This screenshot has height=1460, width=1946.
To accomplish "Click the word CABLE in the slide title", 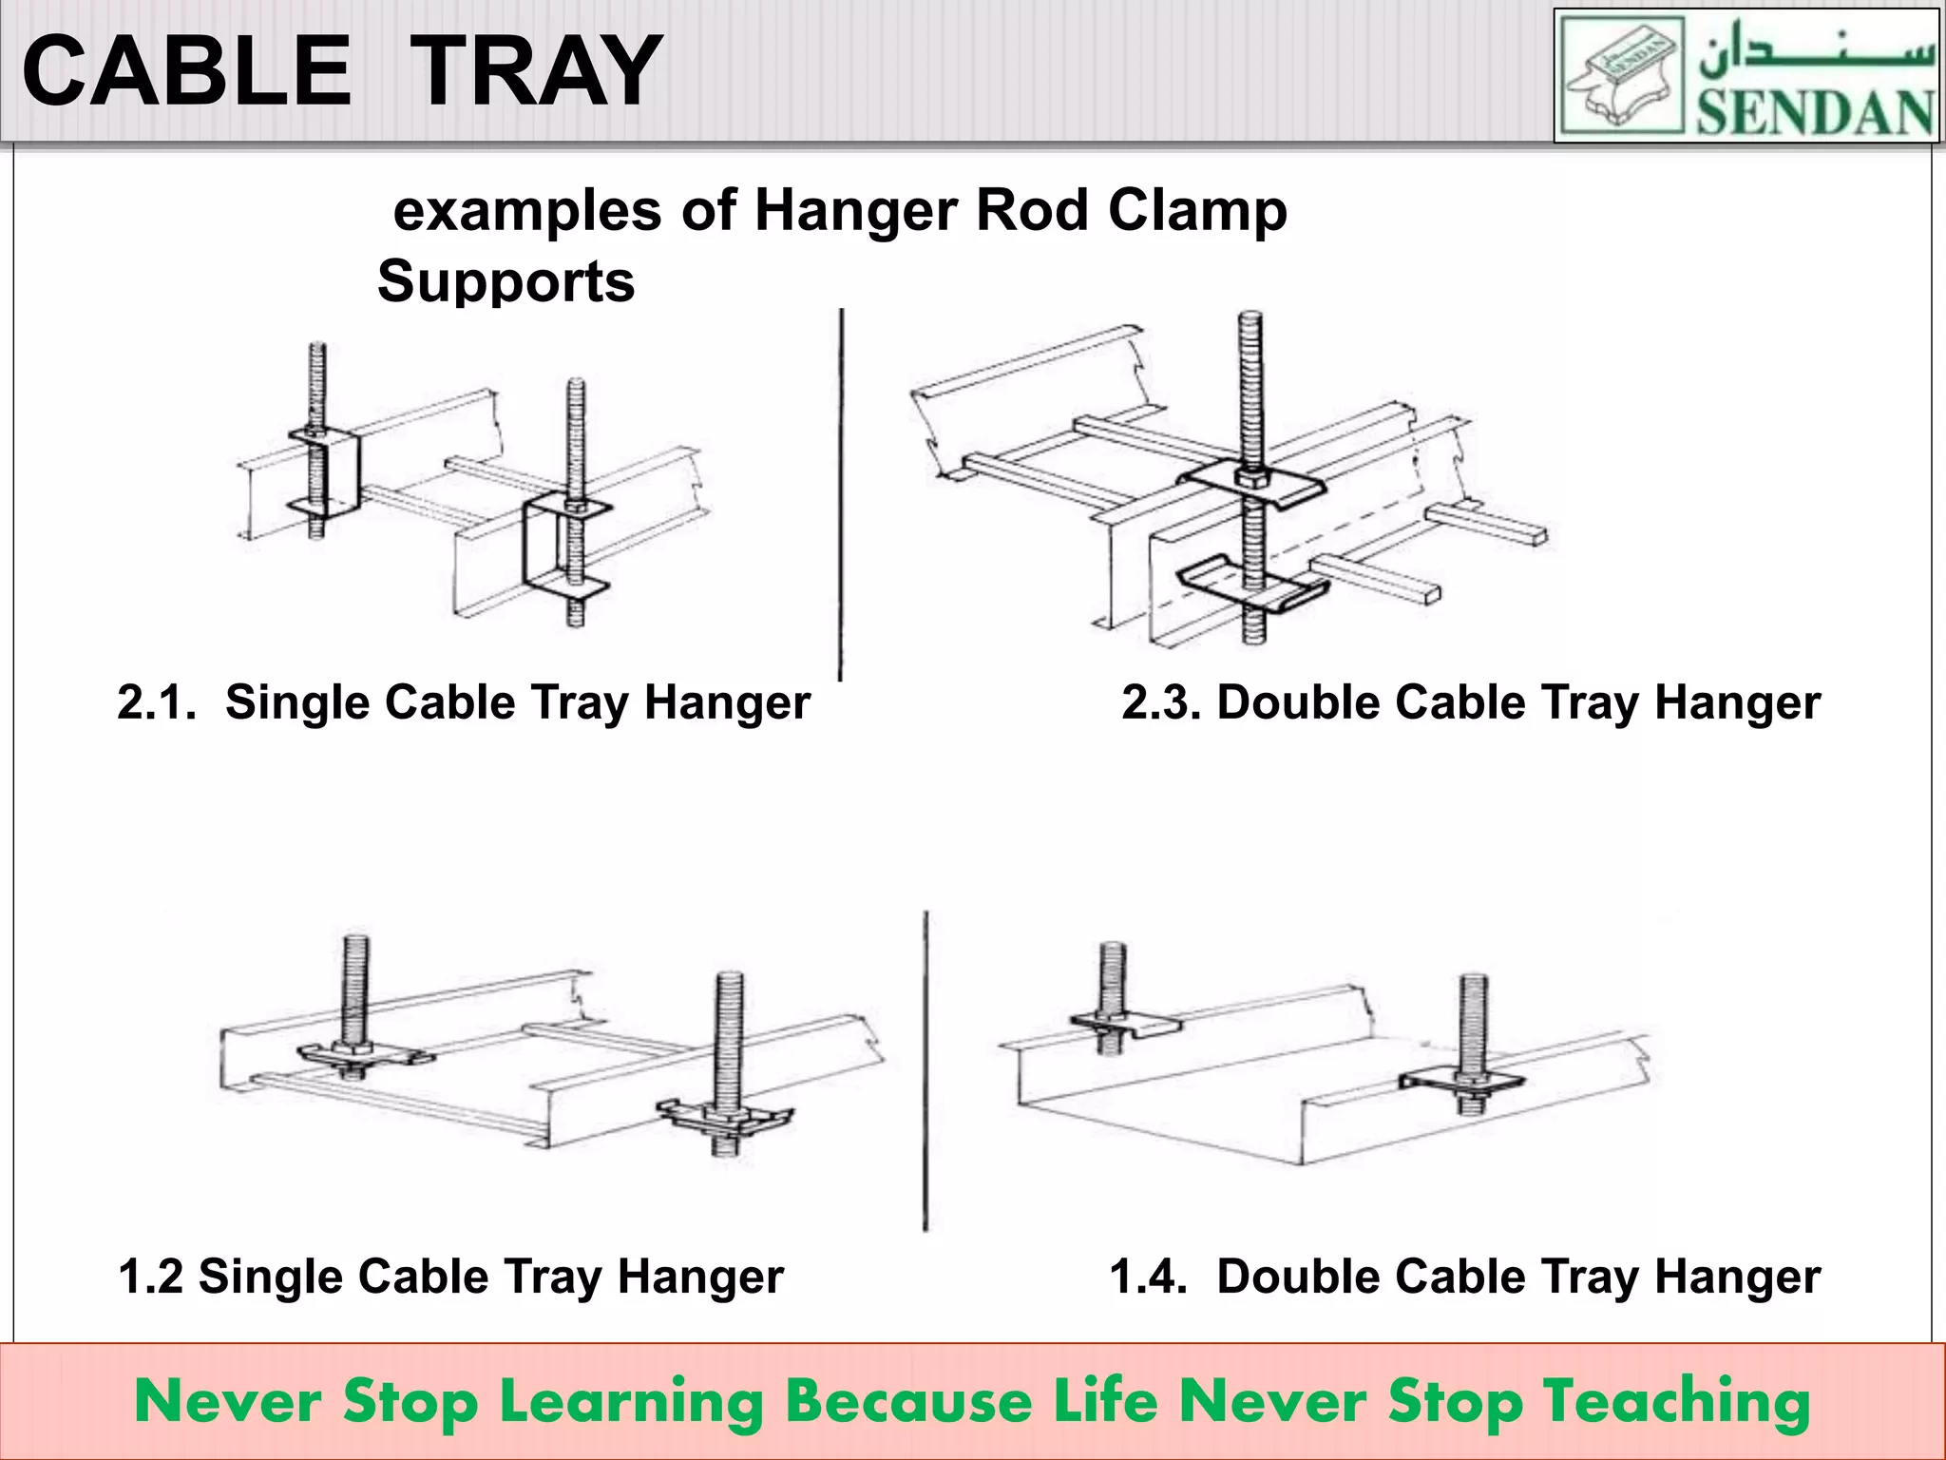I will [x=187, y=71].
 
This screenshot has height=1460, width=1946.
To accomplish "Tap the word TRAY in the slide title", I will [x=539, y=71].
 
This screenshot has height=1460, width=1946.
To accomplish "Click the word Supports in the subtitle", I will [x=506, y=282].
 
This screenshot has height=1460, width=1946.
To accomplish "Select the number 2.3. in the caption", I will [x=1162, y=703].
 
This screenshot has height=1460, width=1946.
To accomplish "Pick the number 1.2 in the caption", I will [x=150, y=1277].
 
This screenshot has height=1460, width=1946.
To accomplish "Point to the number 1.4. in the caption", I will [x=1149, y=1277].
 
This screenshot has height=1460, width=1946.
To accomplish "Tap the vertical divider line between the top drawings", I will [x=841, y=494].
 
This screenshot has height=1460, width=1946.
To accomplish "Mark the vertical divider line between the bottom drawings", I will [x=925, y=1069].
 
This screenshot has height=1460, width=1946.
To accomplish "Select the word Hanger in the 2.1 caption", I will [x=727, y=703].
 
